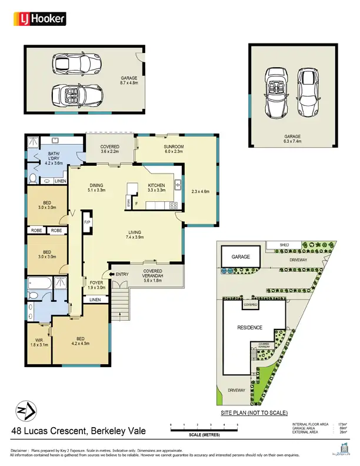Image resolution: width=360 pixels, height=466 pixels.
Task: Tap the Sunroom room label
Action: [x=174, y=147]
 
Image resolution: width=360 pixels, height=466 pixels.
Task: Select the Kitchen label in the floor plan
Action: [x=156, y=185]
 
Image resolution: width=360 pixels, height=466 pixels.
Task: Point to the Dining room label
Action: [x=96, y=185]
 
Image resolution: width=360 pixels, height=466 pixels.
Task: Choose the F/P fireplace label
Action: [x=87, y=222]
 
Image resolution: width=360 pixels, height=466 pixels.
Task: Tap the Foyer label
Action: [x=96, y=282]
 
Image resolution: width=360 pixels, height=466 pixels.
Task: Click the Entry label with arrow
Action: [x=120, y=274]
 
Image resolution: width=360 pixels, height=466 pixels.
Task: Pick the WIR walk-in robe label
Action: [x=39, y=339]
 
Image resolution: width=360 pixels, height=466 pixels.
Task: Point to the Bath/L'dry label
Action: [x=54, y=158]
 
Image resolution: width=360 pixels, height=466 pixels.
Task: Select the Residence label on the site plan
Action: [x=250, y=327]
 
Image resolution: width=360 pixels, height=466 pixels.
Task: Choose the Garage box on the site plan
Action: [x=240, y=257]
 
